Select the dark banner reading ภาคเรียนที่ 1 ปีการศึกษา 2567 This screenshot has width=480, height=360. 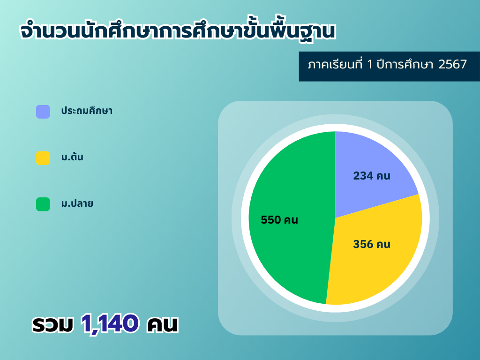(x=390, y=67)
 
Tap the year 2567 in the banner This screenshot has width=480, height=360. (x=452, y=65)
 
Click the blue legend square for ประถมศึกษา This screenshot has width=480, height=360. (x=43, y=112)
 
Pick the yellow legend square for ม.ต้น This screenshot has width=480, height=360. (x=43, y=158)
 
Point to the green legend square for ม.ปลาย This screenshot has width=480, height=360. (x=43, y=204)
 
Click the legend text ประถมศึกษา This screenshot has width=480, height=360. (x=87, y=110)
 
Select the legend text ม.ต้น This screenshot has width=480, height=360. (x=72, y=157)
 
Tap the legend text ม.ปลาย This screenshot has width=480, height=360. (x=77, y=203)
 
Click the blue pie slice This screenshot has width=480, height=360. (x=367, y=172)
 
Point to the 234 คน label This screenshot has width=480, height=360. (x=372, y=176)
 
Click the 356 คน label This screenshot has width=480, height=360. (x=372, y=244)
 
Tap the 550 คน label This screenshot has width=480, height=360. (x=279, y=220)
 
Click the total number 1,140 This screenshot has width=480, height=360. (x=110, y=323)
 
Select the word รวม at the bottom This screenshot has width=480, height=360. (x=53, y=324)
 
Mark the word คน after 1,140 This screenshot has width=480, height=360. (x=162, y=324)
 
